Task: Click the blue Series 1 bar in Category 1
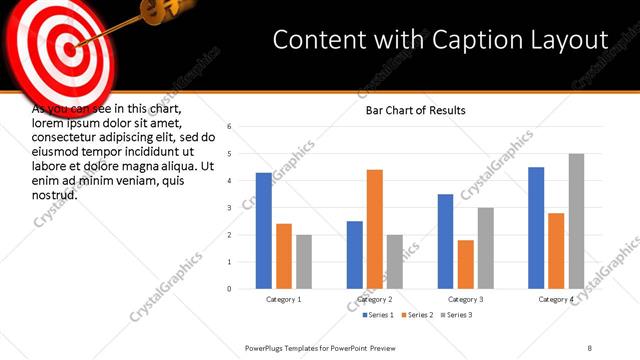(263, 231)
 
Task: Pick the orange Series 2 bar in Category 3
(465, 264)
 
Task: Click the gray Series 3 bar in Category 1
(303, 262)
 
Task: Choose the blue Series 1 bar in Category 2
(354, 255)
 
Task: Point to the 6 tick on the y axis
(230, 127)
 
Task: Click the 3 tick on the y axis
(230, 208)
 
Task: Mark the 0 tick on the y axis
(230, 289)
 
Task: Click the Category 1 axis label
(283, 299)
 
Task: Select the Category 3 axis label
(465, 299)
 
